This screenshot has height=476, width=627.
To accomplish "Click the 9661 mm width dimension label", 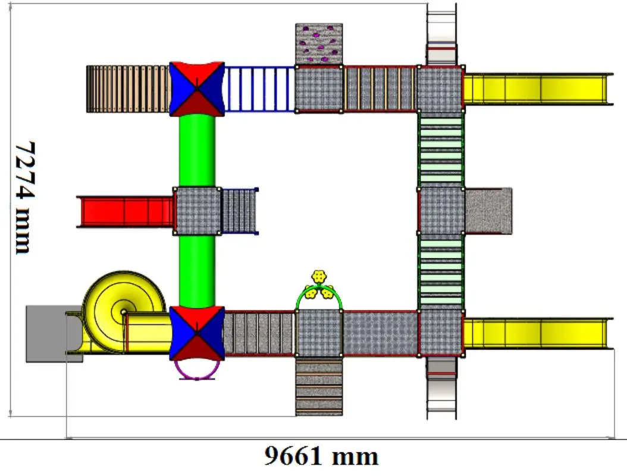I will [321, 456].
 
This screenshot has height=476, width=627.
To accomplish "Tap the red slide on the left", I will [125, 211].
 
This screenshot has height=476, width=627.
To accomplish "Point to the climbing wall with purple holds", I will [319, 44].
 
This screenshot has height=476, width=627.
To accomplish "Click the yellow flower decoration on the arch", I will [320, 277].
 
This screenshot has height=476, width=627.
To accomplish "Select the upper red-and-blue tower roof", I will [197, 89].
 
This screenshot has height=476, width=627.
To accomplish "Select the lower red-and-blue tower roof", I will [197, 334].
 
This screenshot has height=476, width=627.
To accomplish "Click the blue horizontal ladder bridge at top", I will [259, 89].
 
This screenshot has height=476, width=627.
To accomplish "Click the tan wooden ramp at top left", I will [127, 89].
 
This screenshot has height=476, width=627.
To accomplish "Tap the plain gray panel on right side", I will [488, 211].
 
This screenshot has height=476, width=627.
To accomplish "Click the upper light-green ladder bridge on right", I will [441, 149].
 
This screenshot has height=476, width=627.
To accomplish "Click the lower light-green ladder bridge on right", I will [441, 271].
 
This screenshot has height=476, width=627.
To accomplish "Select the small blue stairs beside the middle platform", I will [240, 211].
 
